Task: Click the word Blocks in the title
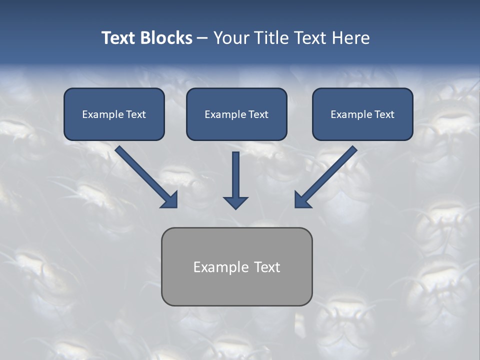tap(166, 38)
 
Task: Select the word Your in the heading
tap(231, 38)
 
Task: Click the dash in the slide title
tap(202, 38)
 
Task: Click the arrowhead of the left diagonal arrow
tap(170, 200)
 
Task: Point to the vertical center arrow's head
tap(235, 202)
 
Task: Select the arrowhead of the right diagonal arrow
tap(302, 200)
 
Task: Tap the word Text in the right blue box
tap(384, 114)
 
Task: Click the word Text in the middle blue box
tap(258, 114)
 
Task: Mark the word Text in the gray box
tap(267, 267)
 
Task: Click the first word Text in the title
tap(119, 38)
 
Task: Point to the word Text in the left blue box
tap(135, 114)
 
